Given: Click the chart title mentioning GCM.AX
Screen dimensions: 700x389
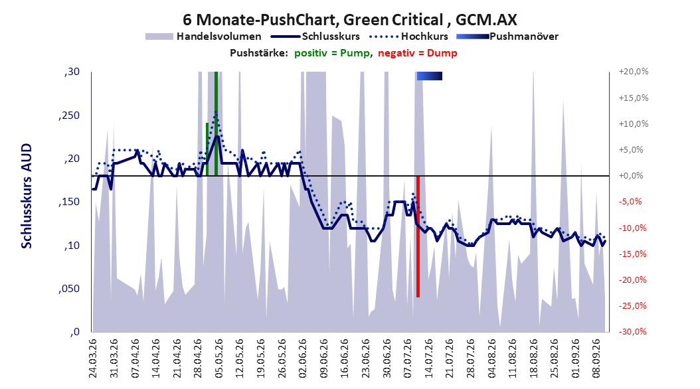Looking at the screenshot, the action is (x=349, y=20).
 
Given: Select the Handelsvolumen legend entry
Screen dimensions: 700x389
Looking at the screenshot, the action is (x=204, y=37).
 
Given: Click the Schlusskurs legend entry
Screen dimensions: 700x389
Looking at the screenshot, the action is (x=315, y=37).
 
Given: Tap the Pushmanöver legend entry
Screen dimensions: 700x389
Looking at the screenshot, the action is (x=507, y=37).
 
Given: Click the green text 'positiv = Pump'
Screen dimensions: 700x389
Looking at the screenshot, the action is (x=331, y=53).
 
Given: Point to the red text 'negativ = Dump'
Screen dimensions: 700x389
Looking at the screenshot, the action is (x=418, y=53).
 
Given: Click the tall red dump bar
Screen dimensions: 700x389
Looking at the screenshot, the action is (x=418, y=236).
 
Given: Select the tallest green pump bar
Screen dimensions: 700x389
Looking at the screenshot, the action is (x=216, y=123).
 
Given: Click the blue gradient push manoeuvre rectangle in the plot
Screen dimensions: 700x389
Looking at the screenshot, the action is (x=430, y=76).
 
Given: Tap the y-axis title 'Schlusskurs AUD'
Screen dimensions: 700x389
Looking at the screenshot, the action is (x=27, y=196).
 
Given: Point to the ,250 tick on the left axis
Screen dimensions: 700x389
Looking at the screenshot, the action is (x=69, y=116).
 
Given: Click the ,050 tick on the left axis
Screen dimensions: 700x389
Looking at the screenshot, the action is (x=69, y=289).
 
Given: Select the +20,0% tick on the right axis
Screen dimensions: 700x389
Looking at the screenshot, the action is (x=633, y=72).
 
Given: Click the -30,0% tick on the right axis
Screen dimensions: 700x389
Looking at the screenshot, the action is (x=633, y=331).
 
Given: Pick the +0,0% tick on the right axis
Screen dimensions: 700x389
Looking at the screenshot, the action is (x=631, y=176).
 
